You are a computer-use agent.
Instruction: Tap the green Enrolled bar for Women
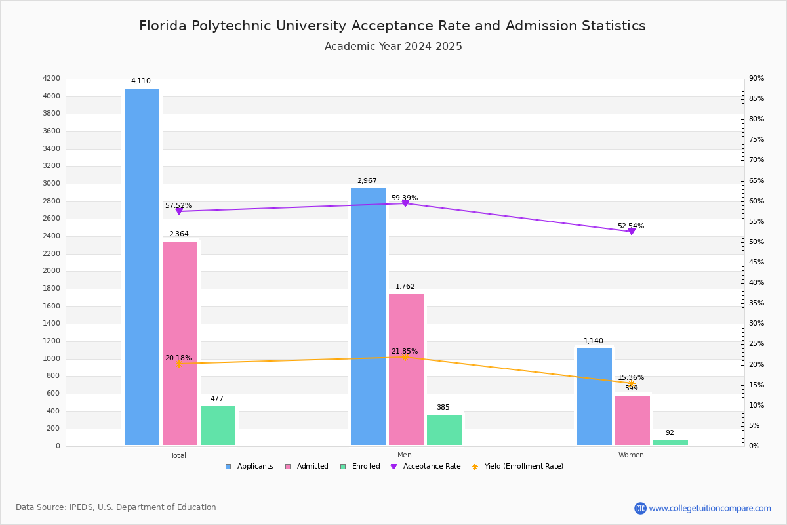670,442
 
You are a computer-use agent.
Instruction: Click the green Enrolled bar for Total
218,425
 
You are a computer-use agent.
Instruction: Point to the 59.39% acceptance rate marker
405,203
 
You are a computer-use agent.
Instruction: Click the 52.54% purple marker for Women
631,231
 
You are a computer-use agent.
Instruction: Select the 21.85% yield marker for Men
405,357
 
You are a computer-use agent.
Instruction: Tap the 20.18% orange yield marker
178,364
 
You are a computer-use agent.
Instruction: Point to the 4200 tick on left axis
51,79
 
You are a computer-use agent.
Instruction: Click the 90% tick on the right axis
756,79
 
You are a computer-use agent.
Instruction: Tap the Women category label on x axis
631,455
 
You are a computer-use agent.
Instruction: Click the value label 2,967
367,181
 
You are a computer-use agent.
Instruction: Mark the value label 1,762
405,287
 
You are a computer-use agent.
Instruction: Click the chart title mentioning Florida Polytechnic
392,26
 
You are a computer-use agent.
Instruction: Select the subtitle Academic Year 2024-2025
393,47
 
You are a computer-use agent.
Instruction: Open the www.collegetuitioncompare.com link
710,508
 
